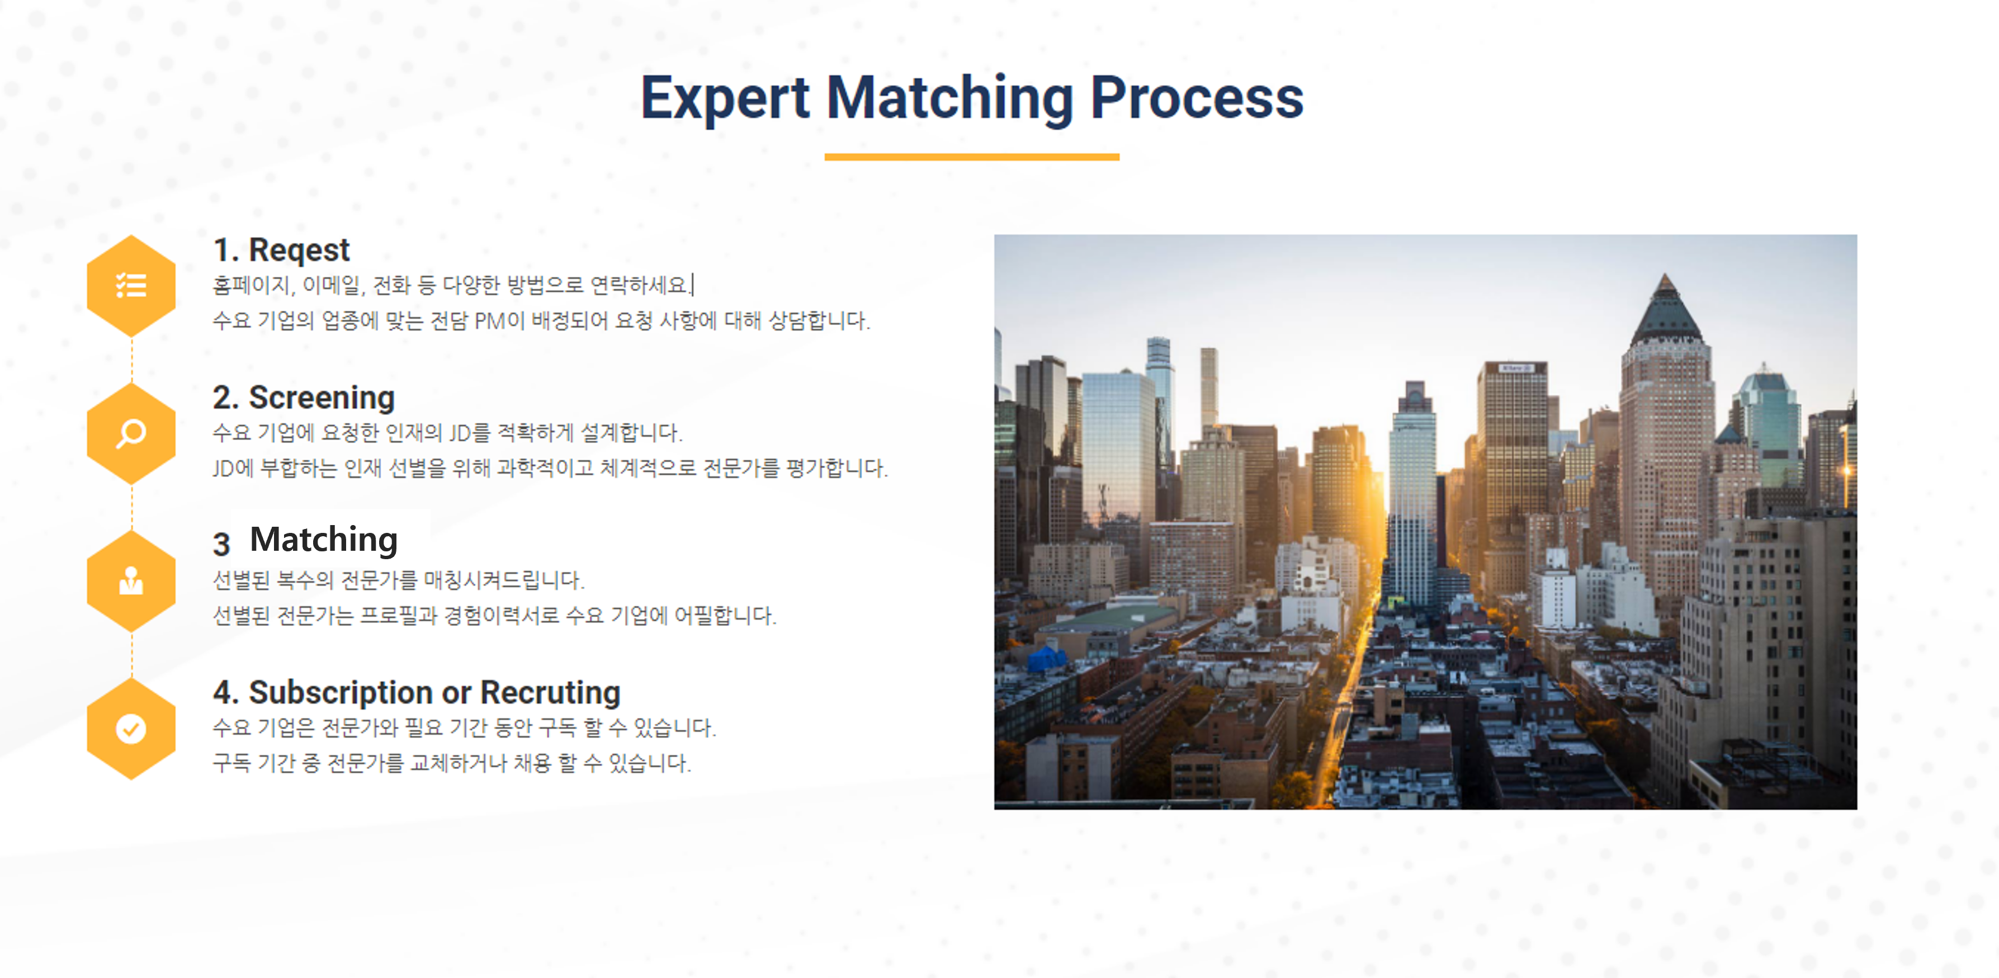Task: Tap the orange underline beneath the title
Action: click(x=972, y=157)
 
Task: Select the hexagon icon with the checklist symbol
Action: click(x=131, y=286)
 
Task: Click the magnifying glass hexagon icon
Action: click(x=131, y=433)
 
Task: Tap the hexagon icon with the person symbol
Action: click(x=131, y=580)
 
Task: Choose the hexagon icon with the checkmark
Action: click(x=131, y=728)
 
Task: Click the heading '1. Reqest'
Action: click(x=282, y=251)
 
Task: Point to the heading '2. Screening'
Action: click(x=304, y=398)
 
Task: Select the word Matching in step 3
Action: click(x=324, y=540)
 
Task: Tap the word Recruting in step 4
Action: click(x=550, y=692)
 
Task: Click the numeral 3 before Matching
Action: click(x=222, y=544)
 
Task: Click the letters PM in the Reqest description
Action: click(x=490, y=320)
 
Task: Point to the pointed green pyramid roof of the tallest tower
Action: click(x=1665, y=310)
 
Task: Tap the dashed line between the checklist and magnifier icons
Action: click(x=131, y=360)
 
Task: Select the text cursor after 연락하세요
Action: click(x=693, y=285)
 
